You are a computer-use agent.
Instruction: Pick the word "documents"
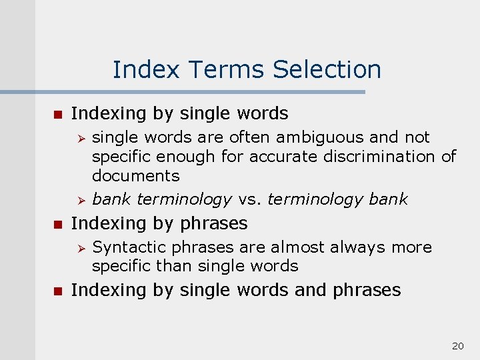[135, 176]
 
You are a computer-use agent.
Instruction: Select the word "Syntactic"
[129, 247]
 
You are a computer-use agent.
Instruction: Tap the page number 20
[458, 345]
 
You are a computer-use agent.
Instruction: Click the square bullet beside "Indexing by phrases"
[57, 223]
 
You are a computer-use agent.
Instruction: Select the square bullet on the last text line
[57, 291]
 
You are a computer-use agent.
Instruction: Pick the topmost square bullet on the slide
[57, 114]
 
